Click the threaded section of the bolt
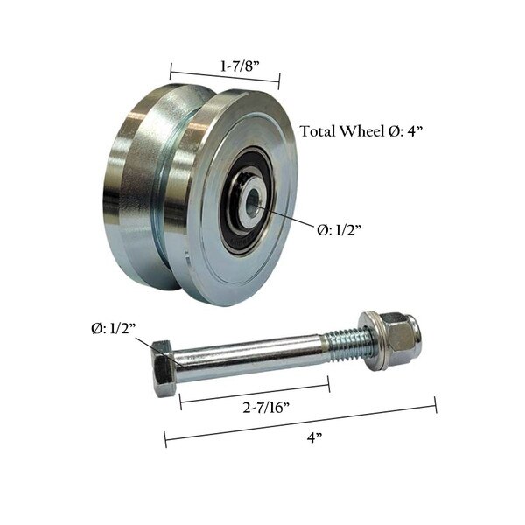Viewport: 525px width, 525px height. (x=350, y=345)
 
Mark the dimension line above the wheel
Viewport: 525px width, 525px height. (x=224, y=75)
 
